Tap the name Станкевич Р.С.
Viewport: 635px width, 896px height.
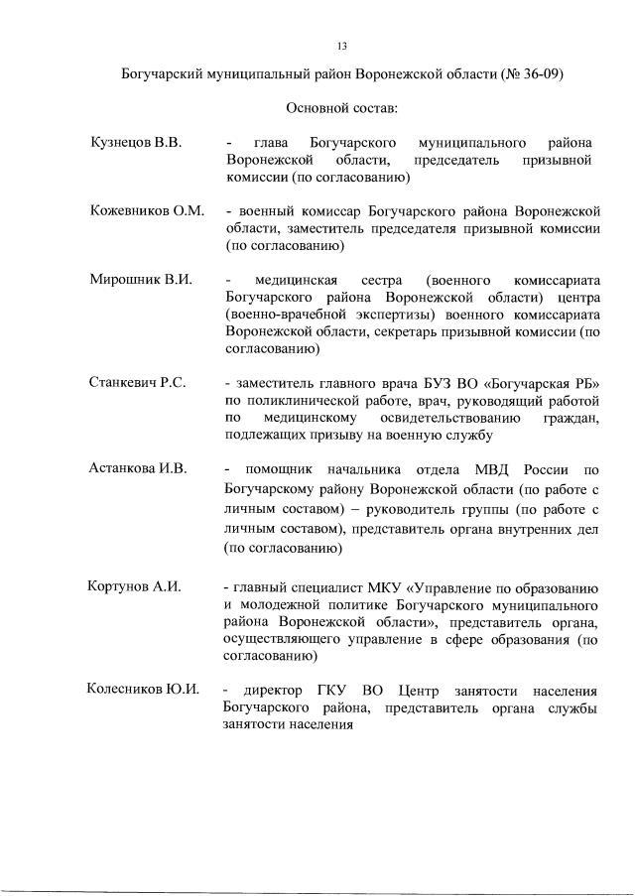click(138, 382)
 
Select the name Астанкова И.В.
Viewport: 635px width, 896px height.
click(138, 467)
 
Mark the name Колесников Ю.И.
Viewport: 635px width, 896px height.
click(144, 689)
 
